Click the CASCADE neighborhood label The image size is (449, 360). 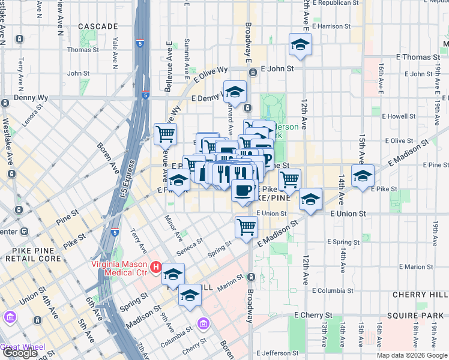(x=98, y=27)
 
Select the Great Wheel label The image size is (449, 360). (x=22, y=346)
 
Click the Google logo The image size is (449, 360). (x=20, y=353)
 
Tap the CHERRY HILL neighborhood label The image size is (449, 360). (x=420, y=295)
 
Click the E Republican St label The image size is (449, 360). (x=337, y=3)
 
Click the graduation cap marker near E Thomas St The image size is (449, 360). (x=300, y=45)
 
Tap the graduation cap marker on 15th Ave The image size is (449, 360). (x=363, y=176)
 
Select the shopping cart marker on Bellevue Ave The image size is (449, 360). (x=165, y=134)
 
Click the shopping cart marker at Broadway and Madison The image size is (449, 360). (x=246, y=227)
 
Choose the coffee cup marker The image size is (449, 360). (x=242, y=191)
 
